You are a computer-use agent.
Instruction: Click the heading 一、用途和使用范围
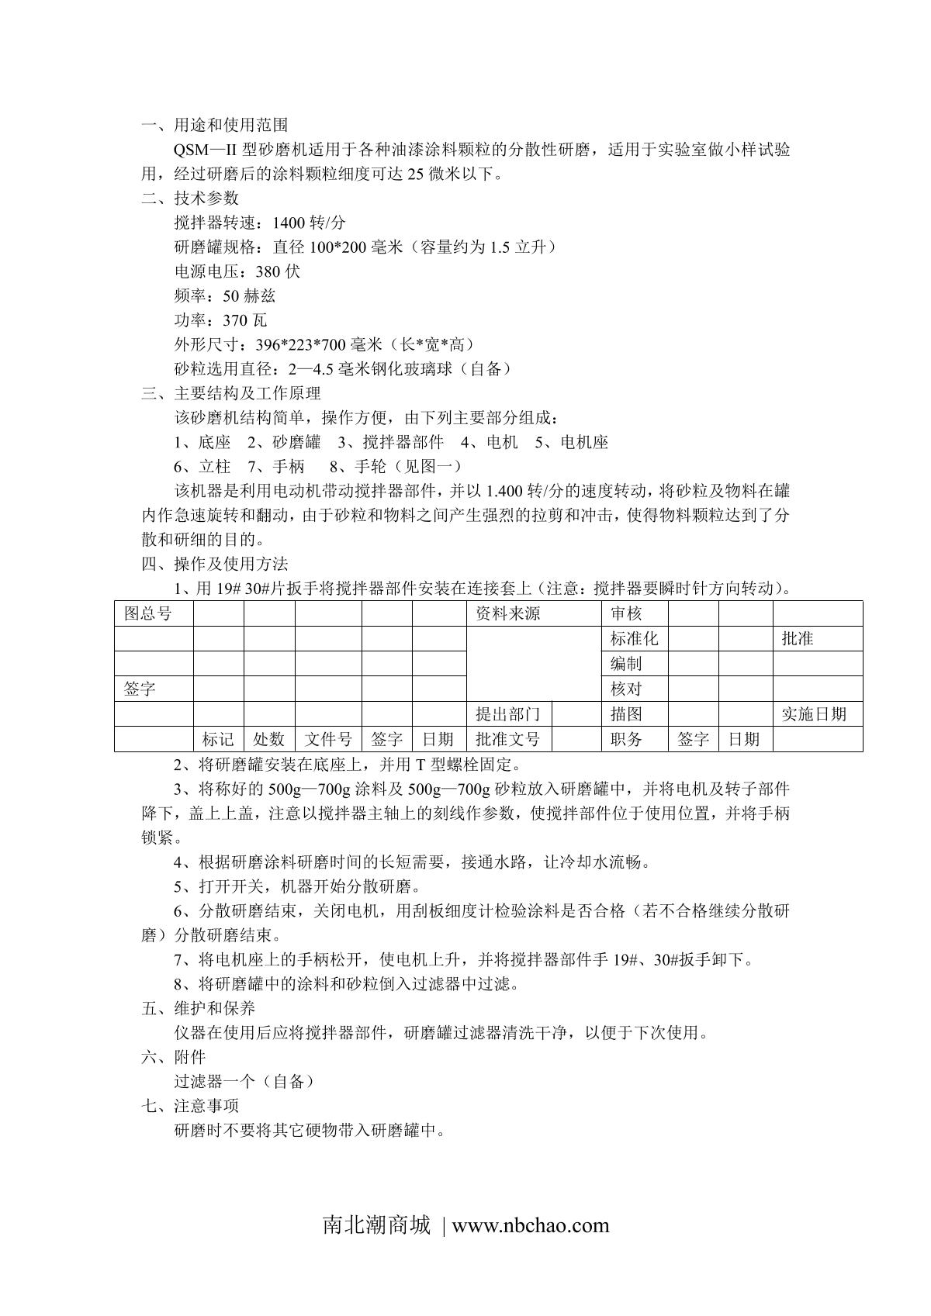(214, 125)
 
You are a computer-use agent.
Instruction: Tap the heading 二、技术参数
(189, 198)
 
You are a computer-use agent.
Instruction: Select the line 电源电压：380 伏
(237, 271)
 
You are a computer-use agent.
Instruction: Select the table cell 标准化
(634, 639)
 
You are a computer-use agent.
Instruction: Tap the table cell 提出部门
(507, 714)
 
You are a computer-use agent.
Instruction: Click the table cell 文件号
(328, 739)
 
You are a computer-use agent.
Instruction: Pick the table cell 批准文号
(507, 739)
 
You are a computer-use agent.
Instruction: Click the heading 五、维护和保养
(198, 1008)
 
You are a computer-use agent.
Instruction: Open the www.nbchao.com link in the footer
(531, 1225)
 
